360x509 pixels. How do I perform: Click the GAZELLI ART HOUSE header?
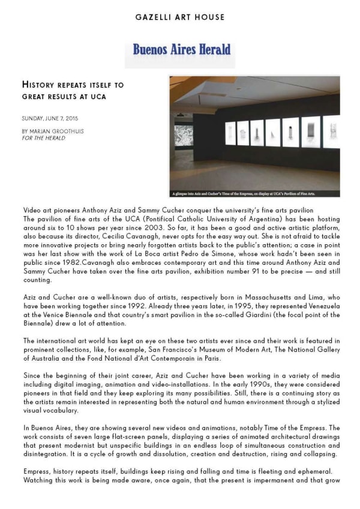point(180,17)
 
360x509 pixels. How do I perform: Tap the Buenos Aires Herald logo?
point(181,50)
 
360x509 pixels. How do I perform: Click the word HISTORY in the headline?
point(42,86)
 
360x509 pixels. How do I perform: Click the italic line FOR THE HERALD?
point(43,138)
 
